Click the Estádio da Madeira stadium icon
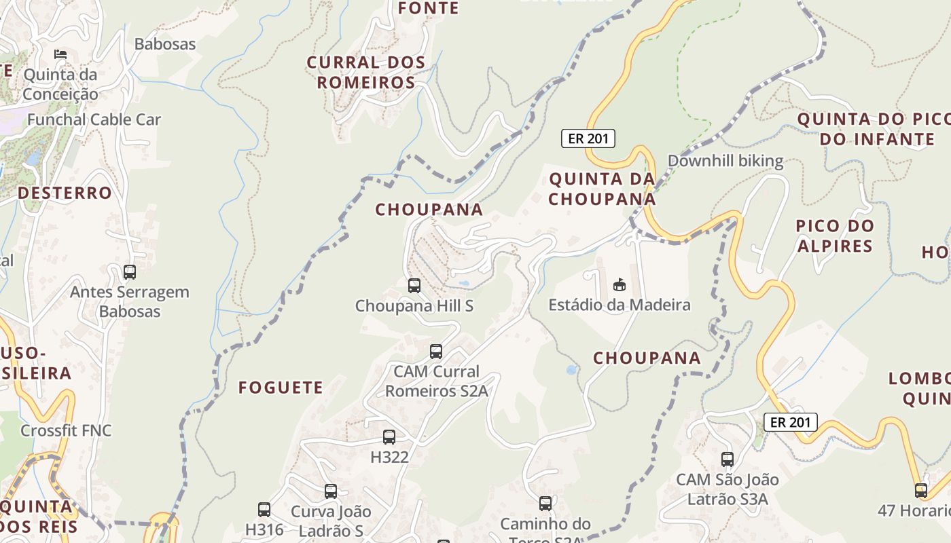618,285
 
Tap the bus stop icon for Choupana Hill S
414,286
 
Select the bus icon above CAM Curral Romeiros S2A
436,352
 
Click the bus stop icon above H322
389,437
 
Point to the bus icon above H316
264,509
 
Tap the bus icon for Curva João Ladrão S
331,491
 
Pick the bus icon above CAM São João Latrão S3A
728,460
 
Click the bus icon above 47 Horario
921,490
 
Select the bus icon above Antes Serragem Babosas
130,272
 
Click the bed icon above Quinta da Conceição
60,54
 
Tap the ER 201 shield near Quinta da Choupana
588,139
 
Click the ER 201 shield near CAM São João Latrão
791,422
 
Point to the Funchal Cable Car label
94,120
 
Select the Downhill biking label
725,162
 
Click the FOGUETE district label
281,388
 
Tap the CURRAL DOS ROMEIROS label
366,73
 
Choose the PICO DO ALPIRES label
835,236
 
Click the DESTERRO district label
65,193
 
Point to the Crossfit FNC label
66,430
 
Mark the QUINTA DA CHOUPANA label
603,189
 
